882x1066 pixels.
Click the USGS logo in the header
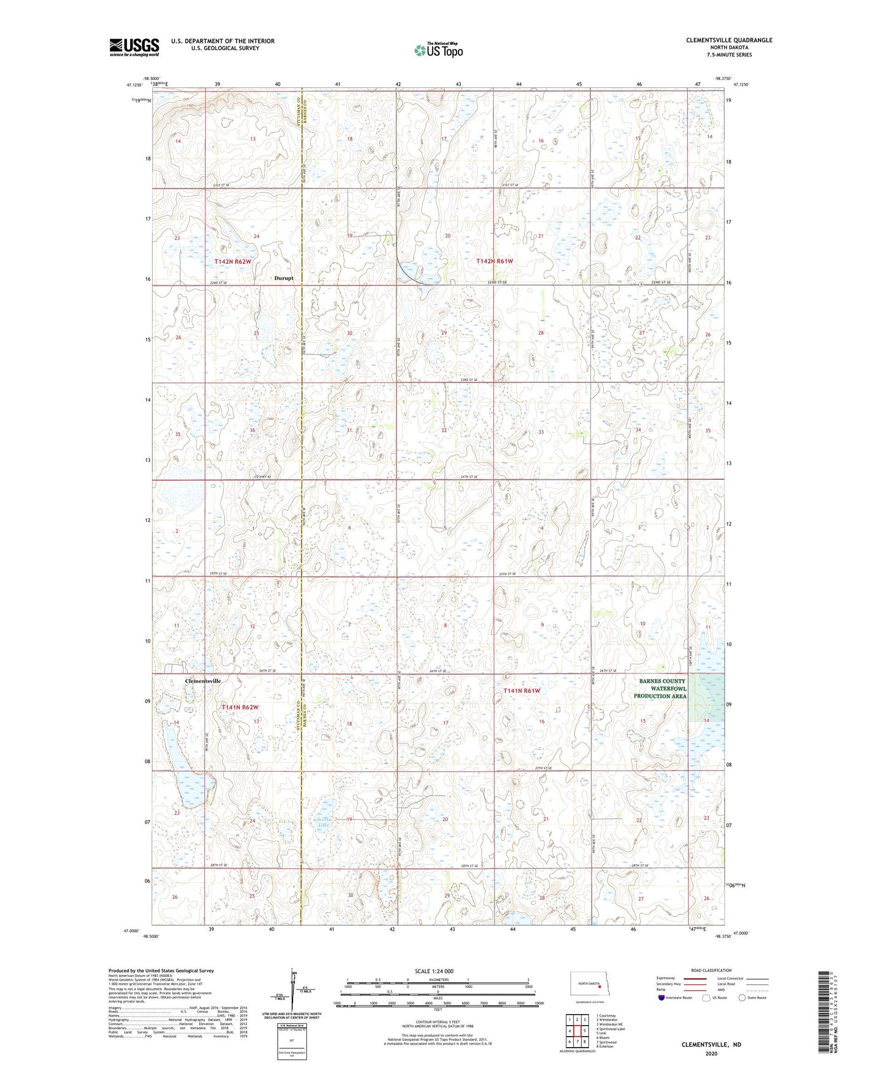134,47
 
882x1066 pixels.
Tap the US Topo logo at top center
438,50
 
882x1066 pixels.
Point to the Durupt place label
284,278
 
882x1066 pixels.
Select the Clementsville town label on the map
203,680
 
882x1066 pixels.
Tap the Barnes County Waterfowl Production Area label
662,688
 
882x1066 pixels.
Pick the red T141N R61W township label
521,691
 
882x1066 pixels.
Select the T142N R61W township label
494,261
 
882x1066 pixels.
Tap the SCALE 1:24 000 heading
434,971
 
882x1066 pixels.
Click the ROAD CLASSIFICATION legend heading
711,970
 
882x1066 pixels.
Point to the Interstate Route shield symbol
662,998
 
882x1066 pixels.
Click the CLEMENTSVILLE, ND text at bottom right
711,1045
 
